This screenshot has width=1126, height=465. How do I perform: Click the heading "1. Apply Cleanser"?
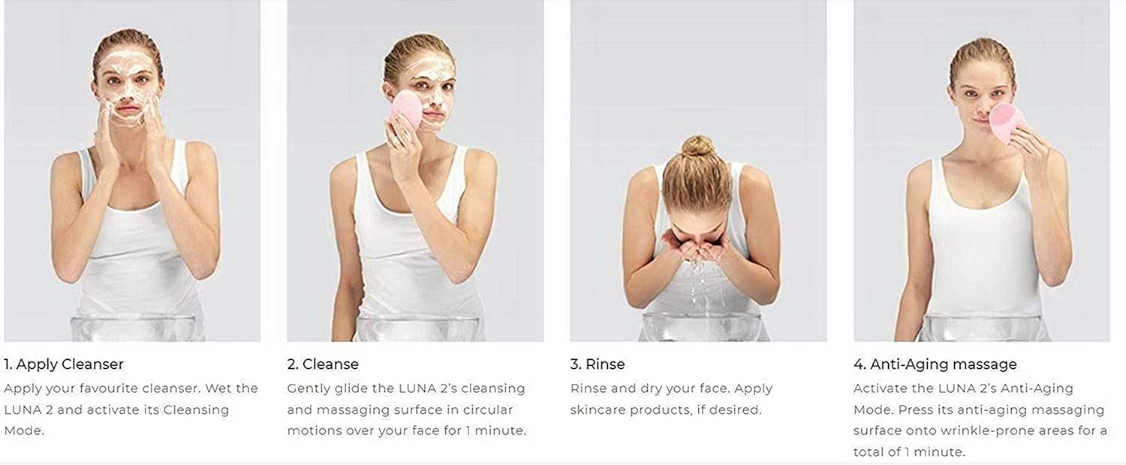point(64,364)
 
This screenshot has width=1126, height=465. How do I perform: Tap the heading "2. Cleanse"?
point(323,364)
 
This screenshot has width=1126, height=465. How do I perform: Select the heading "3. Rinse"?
point(598,364)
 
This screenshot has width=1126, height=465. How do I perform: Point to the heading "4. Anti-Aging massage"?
point(935,364)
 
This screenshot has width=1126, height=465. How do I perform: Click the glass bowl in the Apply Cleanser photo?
point(133,328)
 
